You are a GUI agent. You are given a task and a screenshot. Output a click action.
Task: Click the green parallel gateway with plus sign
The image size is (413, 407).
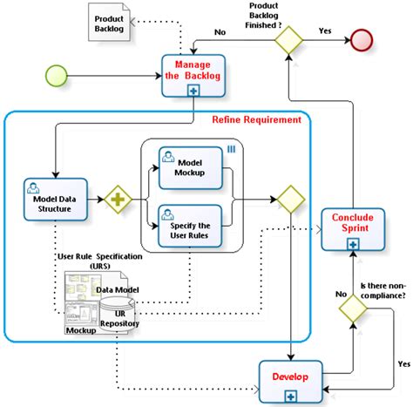pos(118,200)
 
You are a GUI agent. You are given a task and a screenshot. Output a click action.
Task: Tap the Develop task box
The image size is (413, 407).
pos(290,380)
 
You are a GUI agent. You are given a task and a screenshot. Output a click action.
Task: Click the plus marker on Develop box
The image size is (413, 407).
pos(290,397)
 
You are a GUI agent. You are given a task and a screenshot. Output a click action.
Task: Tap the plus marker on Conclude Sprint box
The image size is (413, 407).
pos(351,246)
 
